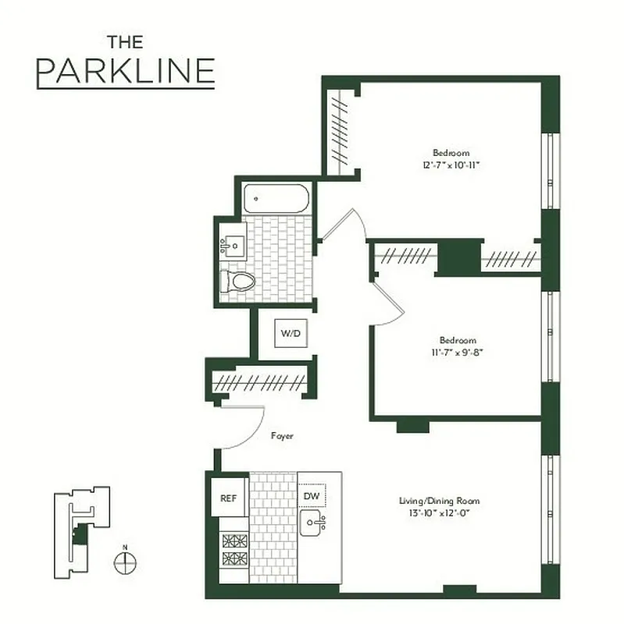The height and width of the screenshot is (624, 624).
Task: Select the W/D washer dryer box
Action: click(291, 334)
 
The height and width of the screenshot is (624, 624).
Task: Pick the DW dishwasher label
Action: click(311, 495)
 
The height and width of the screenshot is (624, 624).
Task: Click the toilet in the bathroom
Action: click(239, 282)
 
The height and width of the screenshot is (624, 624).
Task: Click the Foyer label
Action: click(282, 436)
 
